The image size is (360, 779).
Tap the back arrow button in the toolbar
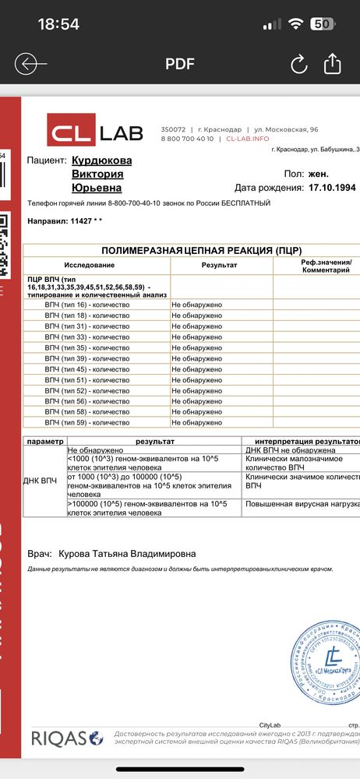(x=30, y=64)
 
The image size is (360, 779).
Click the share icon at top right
(x=333, y=63)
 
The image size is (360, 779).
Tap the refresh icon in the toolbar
(x=298, y=64)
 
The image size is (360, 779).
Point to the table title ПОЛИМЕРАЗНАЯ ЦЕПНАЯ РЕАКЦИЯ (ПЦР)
(x=196, y=250)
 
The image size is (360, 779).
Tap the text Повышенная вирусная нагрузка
(x=302, y=504)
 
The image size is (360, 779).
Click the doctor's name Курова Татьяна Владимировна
(x=127, y=554)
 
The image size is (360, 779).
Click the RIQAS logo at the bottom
(x=66, y=738)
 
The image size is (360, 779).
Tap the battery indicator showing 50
(x=320, y=24)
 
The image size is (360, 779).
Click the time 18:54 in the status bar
(x=58, y=24)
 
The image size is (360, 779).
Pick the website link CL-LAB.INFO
(x=248, y=138)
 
